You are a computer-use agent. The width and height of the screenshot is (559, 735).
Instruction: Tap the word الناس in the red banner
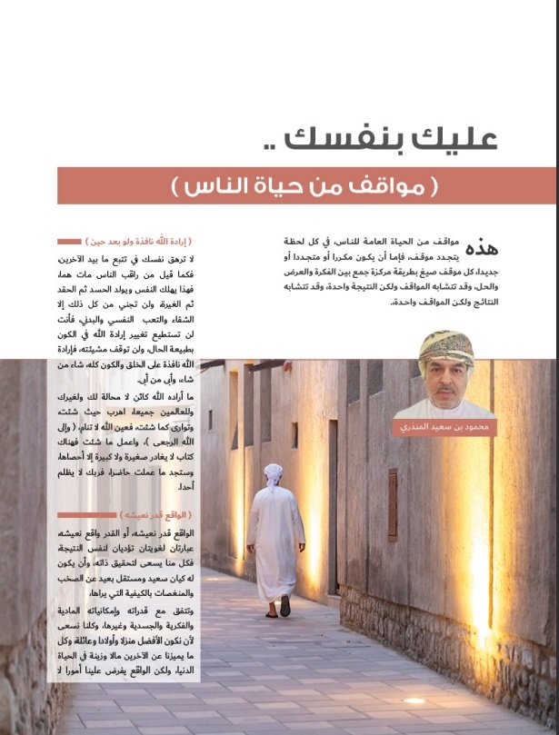tap(219, 187)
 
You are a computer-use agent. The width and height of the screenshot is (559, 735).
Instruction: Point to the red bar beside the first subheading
tap(69, 243)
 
